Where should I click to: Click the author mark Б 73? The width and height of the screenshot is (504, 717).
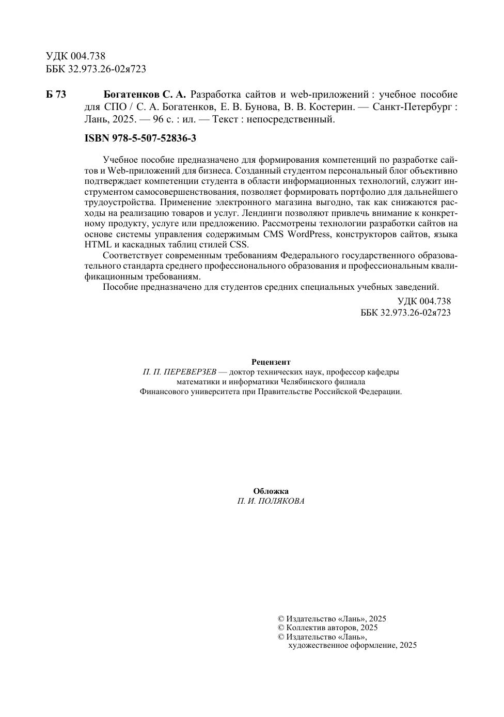56,95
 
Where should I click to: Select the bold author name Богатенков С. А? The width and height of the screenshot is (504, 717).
145,95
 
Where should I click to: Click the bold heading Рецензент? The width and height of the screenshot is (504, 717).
271,362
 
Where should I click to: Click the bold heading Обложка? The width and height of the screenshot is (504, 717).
271,491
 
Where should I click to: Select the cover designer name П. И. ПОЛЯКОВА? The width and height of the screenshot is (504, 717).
271,501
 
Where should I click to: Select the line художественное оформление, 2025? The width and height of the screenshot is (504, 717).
352,645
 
